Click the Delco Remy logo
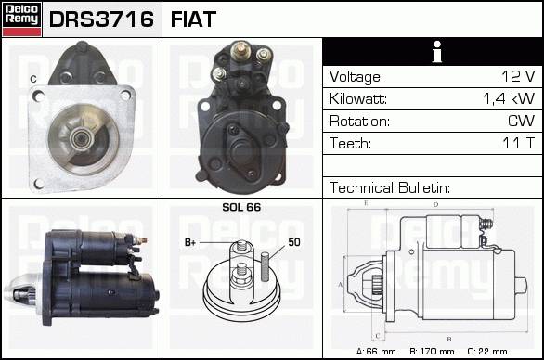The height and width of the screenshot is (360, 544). click(21, 19)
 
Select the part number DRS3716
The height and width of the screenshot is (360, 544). click(101, 19)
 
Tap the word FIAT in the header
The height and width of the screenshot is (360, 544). click(193, 19)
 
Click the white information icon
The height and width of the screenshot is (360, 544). click(437, 52)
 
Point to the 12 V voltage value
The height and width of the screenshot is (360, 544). click(518, 76)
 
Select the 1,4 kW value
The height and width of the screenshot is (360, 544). click(509, 99)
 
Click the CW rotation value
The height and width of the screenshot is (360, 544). click(521, 121)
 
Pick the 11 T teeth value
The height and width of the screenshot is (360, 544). click(518, 143)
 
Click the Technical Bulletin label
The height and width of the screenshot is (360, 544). click(390, 187)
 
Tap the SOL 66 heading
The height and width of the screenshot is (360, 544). click(241, 207)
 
